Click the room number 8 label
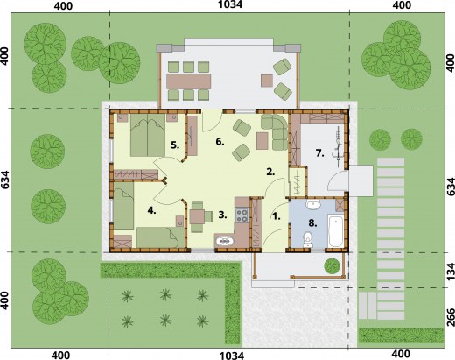click(312, 223)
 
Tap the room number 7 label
click(320, 152)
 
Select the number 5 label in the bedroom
click(175, 145)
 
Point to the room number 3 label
click(222, 215)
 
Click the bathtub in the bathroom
click(336, 228)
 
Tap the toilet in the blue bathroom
click(307, 239)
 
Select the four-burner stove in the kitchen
click(241, 215)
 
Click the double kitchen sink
click(225, 241)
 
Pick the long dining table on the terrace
click(188, 81)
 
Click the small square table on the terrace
click(267, 81)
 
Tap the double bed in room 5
click(148, 135)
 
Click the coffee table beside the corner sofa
click(262, 141)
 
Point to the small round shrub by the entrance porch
click(332, 265)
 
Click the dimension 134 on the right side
click(451, 272)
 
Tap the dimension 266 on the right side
click(451, 309)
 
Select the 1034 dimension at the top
click(230, 4)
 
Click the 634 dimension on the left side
click(5, 180)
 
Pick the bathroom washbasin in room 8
click(313, 205)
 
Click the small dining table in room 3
click(197, 216)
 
